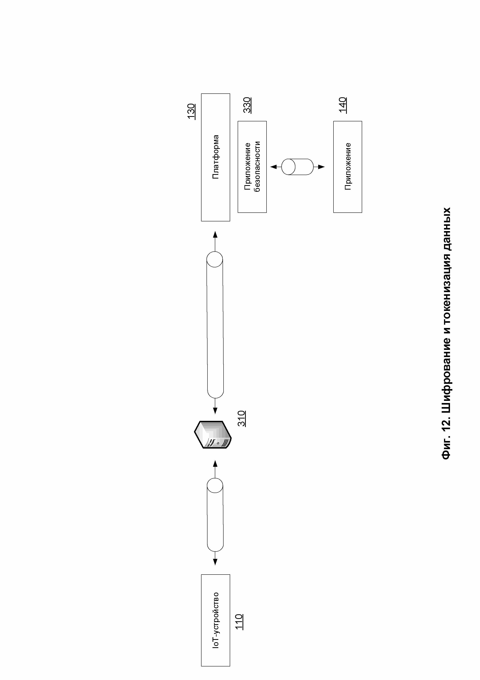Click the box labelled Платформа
point(215,157)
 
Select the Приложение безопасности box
point(252,167)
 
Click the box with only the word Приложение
point(347,167)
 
